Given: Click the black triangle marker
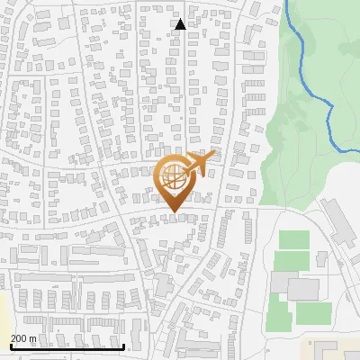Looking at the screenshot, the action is click(180, 24).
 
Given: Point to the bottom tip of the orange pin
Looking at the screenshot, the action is click(174, 211).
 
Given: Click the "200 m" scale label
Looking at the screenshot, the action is click(23, 338).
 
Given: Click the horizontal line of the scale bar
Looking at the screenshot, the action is click(67, 346).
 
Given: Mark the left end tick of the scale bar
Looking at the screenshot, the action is click(11, 345).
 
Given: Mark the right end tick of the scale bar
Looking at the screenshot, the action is click(123, 345).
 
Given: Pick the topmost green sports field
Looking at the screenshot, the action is click(292, 240).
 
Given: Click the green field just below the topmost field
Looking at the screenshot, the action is click(292, 261).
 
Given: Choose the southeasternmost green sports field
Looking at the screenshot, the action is click(314, 312).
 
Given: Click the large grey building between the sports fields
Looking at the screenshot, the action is click(302, 289).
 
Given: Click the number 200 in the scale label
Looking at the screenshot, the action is click(19, 338).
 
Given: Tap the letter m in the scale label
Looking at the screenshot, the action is click(32, 338).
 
